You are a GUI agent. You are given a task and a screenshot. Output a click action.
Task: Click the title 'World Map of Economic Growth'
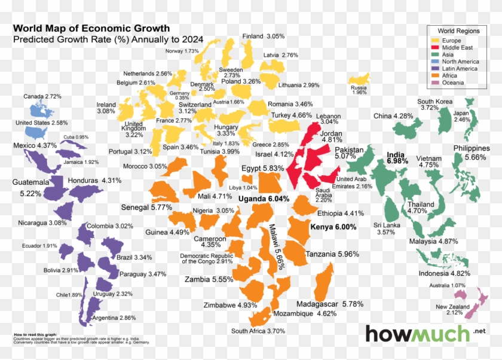(91, 28)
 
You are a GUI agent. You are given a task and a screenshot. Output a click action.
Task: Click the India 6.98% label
(397, 157)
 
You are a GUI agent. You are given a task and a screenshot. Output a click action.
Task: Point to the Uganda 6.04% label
(264, 199)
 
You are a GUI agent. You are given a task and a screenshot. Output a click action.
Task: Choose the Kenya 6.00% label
(333, 227)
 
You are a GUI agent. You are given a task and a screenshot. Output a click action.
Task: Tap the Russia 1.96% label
(359, 89)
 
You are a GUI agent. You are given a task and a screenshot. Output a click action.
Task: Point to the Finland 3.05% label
(263, 36)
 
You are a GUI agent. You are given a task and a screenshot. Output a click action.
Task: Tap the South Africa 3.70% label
(258, 331)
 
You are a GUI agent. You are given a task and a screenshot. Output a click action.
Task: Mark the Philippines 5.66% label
(472, 152)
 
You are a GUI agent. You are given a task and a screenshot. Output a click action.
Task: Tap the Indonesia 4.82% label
(444, 273)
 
